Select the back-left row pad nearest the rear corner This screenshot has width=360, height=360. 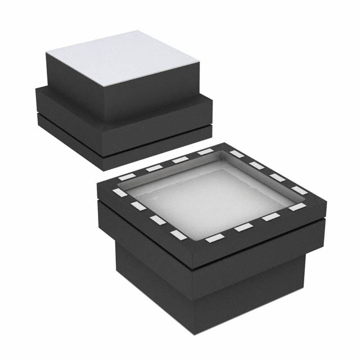[204, 152]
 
